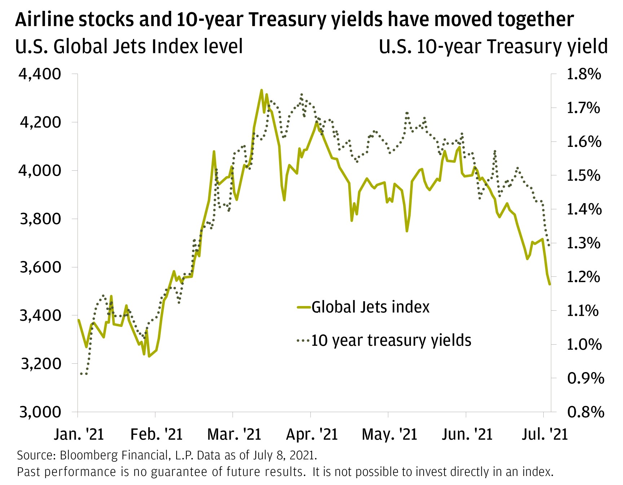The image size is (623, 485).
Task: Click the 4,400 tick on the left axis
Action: [x=40, y=74]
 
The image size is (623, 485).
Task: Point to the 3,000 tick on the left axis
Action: [x=40, y=412]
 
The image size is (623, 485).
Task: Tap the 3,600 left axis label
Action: [x=40, y=267]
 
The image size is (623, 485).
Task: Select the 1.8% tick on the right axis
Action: [x=584, y=74]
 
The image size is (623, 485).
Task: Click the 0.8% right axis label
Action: [x=585, y=412]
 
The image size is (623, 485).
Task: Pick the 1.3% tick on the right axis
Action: [x=584, y=243]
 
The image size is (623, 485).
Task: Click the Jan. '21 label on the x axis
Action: [x=79, y=434]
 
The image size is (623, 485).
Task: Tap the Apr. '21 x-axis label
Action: [x=311, y=434]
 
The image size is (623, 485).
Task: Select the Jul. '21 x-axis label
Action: [x=544, y=434]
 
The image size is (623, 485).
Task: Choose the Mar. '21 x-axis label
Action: [x=234, y=434]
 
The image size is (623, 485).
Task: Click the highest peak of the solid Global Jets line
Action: [x=261, y=90]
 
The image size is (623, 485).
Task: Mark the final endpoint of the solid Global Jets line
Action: [x=550, y=284]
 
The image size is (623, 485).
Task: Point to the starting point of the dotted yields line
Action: [x=81, y=373]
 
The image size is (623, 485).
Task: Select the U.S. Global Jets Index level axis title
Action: [x=129, y=47]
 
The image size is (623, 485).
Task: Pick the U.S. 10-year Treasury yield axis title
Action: [x=493, y=47]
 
